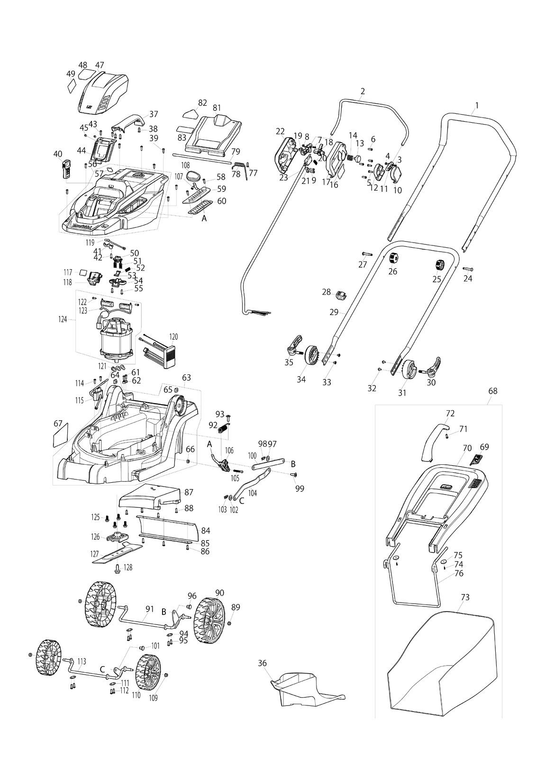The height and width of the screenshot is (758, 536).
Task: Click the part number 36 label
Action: (263, 663)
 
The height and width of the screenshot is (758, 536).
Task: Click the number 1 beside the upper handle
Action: (477, 106)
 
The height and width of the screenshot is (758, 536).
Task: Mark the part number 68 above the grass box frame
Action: (493, 391)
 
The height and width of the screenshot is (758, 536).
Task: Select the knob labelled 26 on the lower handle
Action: (393, 258)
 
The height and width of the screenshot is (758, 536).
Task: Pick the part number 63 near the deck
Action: (187, 377)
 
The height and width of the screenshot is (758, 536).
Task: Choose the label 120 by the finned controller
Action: (173, 337)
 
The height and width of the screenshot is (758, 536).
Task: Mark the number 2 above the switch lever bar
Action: (363, 91)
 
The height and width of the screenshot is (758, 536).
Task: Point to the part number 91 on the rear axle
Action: (150, 609)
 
